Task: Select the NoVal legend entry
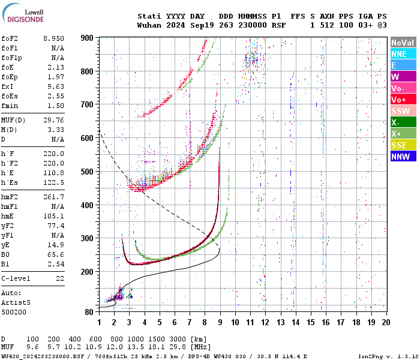[x=403, y=43]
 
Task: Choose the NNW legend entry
[x=403, y=157]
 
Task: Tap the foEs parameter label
[x=10, y=96]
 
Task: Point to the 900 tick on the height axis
[x=88, y=38]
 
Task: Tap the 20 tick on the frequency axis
[x=385, y=322]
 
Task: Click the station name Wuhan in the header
[x=149, y=26]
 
